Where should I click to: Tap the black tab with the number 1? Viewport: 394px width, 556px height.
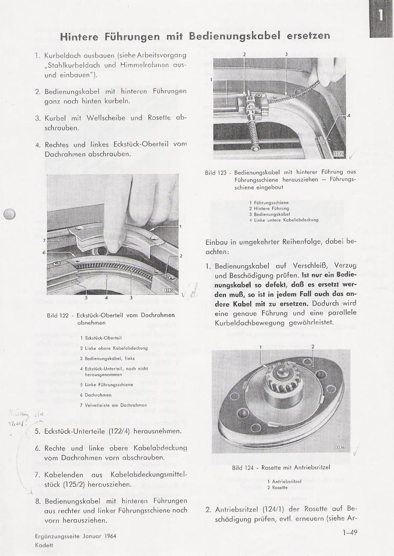[381, 15]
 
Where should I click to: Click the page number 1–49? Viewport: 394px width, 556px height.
[350, 532]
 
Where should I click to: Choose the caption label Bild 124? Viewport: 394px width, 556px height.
[243, 468]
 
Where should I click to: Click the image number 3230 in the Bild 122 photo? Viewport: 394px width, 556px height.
[169, 291]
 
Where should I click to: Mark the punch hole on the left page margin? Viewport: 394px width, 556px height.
[10, 215]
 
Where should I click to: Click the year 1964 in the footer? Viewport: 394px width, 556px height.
[123, 535]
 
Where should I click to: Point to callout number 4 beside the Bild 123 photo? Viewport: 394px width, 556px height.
[349, 116]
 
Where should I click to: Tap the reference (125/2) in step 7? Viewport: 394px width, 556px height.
[79, 484]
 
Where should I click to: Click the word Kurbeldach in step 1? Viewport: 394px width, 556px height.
[65, 55]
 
